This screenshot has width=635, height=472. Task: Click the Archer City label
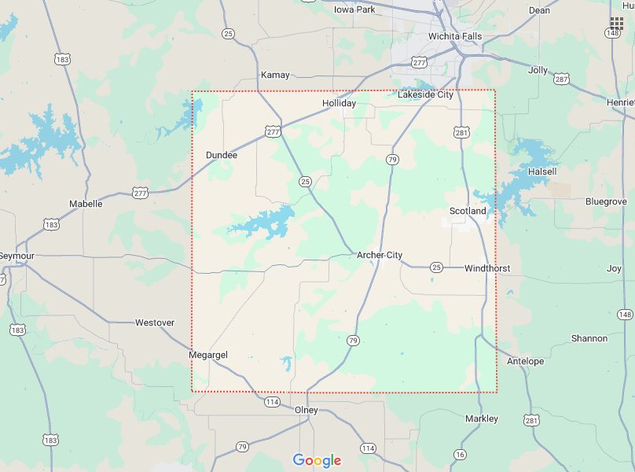coord(380,255)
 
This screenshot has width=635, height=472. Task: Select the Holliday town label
coord(339,103)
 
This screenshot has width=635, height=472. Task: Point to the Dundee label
coord(221,155)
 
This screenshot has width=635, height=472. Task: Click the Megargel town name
coord(208,355)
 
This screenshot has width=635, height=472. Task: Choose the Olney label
coord(306,410)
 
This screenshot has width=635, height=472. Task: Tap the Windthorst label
coord(487,268)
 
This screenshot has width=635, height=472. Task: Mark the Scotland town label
coord(468,211)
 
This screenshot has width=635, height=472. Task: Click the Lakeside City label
coord(426,94)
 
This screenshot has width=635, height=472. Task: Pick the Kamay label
coord(275,75)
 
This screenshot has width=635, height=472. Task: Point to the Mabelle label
coord(86,204)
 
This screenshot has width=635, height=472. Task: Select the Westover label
coord(155,323)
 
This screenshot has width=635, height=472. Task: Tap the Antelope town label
coord(526,361)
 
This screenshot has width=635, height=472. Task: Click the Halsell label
coord(542,171)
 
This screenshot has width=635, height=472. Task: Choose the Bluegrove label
coord(606,201)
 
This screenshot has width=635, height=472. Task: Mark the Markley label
coord(482,419)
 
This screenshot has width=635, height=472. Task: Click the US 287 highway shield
coord(561,79)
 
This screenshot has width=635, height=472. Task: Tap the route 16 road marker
coord(460,454)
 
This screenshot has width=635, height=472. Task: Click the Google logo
coord(317,460)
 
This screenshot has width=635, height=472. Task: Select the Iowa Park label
coord(354,9)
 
